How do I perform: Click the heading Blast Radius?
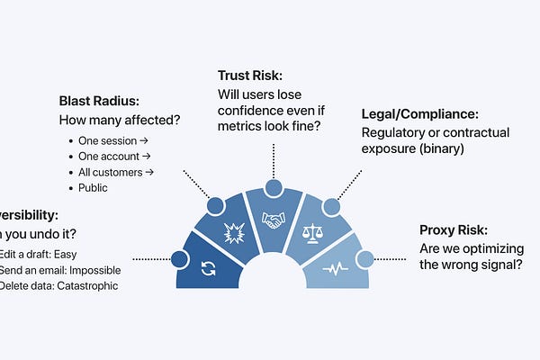(99, 100)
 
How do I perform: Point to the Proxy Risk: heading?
(460, 229)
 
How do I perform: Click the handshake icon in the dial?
(274, 218)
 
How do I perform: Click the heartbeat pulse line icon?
(336, 268)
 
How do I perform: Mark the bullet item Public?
(93, 188)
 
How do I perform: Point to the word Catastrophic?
(85, 286)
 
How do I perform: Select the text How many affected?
(118, 120)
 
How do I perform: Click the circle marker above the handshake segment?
(273, 188)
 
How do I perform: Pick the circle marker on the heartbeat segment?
(364, 259)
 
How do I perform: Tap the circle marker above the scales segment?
(330, 206)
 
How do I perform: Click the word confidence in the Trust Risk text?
(251, 113)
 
